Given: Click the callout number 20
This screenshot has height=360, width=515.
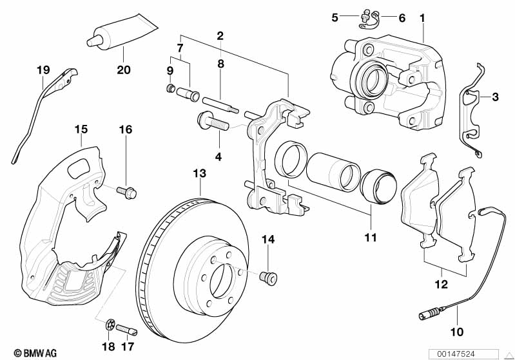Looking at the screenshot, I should point(123,70).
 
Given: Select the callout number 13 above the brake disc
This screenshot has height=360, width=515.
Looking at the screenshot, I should point(200,173).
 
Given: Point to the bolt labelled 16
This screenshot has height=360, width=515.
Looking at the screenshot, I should point(126,191).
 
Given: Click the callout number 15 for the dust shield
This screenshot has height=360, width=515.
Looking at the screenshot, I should point(81,129).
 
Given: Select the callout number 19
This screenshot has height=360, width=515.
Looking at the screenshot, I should point(43,70).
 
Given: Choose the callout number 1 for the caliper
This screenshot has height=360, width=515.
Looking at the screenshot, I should point(423,18).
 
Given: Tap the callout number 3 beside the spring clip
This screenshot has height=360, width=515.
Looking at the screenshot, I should point(495,98).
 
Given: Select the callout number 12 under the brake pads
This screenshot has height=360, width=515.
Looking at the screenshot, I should point(441,283).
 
